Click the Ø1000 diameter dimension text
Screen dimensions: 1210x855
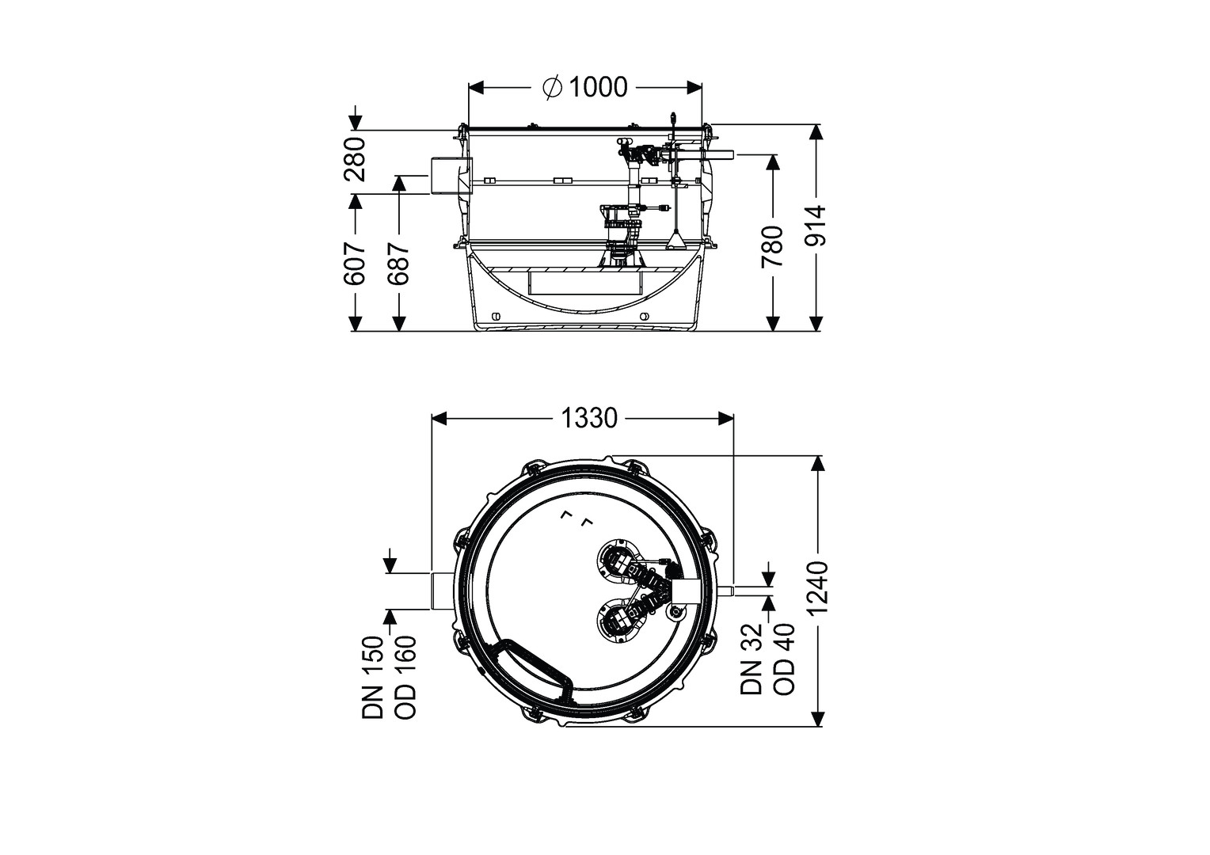pyautogui.click(x=585, y=87)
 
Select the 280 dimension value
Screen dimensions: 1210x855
pyautogui.click(x=356, y=159)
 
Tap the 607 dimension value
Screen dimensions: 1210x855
pyautogui.click(x=356, y=263)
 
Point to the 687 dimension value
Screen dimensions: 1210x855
pyautogui.click(x=398, y=263)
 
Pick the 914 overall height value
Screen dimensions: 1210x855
pyautogui.click(x=816, y=225)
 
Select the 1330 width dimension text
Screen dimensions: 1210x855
pyautogui.click(x=589, y=418)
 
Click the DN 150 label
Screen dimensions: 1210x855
pyautogui.click(x=373, y=678)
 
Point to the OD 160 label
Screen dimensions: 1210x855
pyautogui.click(x=405, y=678)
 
